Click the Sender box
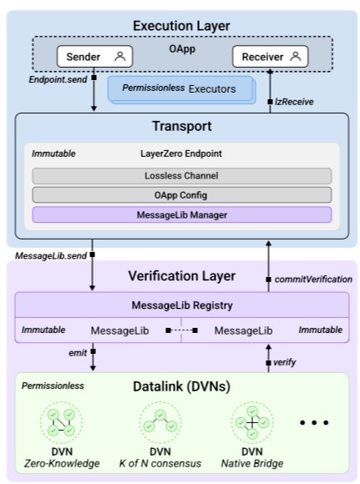click(95, 57)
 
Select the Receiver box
click(270, 57)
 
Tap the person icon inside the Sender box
click(120, 57)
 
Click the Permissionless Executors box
click(182, 89)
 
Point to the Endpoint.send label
click(58, 79)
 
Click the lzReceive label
click(294, 102)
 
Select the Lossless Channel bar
click(182, 175)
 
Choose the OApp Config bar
click(182, 195)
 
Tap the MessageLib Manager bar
click(182, 214)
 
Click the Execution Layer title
click(181, 26)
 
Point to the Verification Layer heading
click(182, 276)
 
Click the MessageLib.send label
click(51, 256)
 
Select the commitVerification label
click(313, 280)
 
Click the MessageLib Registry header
click(182, 305)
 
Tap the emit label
click(78, 353)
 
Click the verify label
click(284, 362)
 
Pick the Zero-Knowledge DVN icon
click(61, 422)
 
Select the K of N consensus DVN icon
click(160, 422)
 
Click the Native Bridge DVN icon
click(252, 422)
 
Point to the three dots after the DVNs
click(314, 422)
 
